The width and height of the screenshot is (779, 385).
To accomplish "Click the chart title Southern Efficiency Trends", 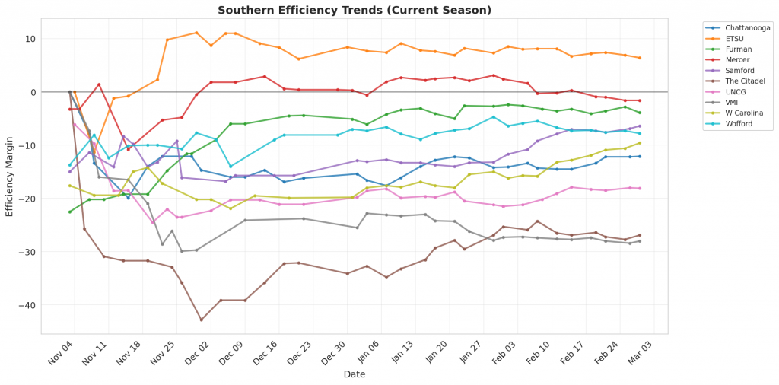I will (x=355, y=11).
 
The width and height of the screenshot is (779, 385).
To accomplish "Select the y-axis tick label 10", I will (x=31, y=39).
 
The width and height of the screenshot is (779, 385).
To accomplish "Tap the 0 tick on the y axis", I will (x=33, y=92).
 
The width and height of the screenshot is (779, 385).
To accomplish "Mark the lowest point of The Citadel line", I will (x=202, y=320).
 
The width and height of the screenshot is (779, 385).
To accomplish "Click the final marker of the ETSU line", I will (x=639, y=58).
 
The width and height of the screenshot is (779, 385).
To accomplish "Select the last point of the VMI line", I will (x=639, y=241).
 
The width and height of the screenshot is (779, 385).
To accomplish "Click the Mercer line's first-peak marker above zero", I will (x=99, y=84).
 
